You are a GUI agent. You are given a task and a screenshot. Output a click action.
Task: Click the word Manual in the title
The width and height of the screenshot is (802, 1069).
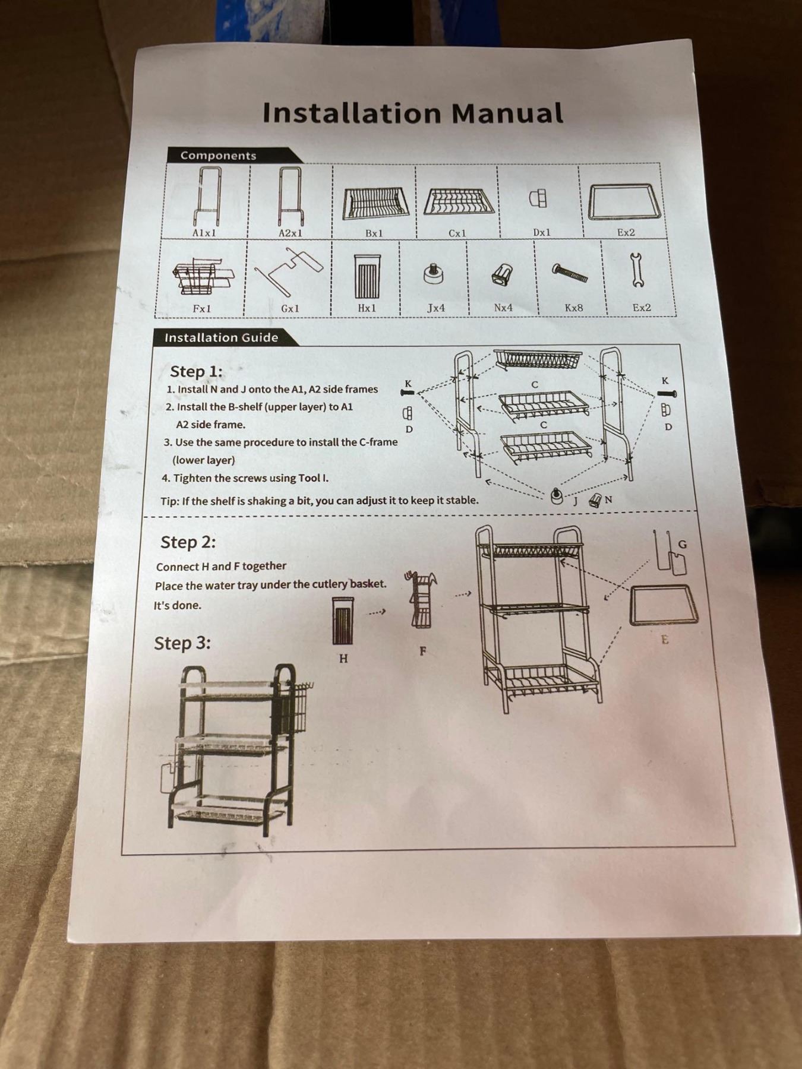507,113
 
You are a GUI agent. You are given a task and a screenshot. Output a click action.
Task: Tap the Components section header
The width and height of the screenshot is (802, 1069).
218,156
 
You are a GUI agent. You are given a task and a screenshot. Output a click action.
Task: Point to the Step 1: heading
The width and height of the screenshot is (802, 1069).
196,372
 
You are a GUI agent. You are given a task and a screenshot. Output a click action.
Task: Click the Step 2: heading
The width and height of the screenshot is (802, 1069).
188,542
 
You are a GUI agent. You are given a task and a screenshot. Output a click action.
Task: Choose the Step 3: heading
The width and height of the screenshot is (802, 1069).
182,643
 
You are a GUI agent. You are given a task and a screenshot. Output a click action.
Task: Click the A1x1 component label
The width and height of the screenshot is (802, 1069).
204,233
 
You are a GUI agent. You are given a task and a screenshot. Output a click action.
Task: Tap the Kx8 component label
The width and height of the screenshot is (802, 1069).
573,308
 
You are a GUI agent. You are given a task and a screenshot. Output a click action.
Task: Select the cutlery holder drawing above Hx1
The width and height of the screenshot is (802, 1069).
367,276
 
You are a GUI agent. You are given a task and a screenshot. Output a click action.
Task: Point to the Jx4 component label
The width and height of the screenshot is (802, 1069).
436,308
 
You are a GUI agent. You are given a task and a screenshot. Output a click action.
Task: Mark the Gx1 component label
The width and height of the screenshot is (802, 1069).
290,308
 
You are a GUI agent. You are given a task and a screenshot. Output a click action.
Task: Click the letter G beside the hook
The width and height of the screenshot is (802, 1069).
682,544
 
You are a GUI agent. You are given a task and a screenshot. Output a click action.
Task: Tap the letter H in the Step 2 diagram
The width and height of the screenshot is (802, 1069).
343,659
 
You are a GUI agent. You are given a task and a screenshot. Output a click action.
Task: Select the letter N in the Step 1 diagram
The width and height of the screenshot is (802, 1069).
608,499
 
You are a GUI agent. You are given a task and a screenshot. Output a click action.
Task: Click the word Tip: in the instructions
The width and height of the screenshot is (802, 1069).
170,501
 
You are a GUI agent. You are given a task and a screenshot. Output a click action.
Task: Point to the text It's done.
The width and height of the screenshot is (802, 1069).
178,606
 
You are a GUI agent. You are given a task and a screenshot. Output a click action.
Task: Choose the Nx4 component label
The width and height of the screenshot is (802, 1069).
503,308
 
